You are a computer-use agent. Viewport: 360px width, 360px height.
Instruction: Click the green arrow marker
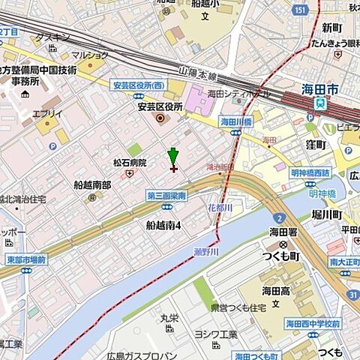(173, 156)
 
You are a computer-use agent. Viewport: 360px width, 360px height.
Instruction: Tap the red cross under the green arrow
(174, 168)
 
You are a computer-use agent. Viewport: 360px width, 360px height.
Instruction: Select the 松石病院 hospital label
(130, 163)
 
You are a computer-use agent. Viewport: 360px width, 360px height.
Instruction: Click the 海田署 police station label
(283, 233)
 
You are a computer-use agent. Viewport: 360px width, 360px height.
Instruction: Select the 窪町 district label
(319, 143)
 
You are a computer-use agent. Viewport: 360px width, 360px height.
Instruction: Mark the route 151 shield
(298, 9)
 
